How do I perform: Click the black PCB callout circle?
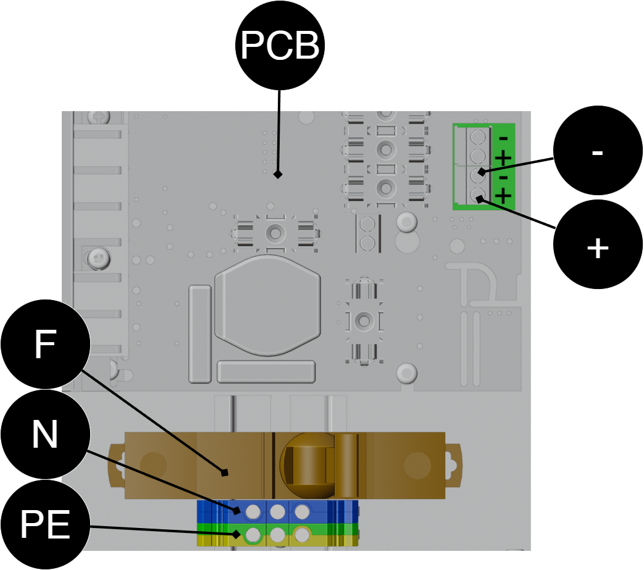[x=280, y=45]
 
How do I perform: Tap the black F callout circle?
[x=45, y=344]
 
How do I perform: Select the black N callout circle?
[x=45, y=434]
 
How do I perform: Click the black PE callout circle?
[x=45, y=524]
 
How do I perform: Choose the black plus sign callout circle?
[x=598, y=245]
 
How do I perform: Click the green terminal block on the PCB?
[x=483, y=167]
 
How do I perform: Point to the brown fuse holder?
[x=285, y=465]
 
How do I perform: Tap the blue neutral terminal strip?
[x=278, y=512]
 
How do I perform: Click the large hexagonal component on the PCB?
[x=267, y=305]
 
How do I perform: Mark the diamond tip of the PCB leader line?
[x=278, y=174]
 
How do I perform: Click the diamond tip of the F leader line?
[x=224, y=472]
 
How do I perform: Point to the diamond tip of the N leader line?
[x=237, y=511]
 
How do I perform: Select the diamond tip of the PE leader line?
[x=236, y=534]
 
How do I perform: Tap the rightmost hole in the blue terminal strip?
[x=303, y=512]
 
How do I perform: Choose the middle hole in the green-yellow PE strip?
[x=278, y=535]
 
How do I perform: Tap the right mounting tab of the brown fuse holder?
[x=454, y=465]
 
